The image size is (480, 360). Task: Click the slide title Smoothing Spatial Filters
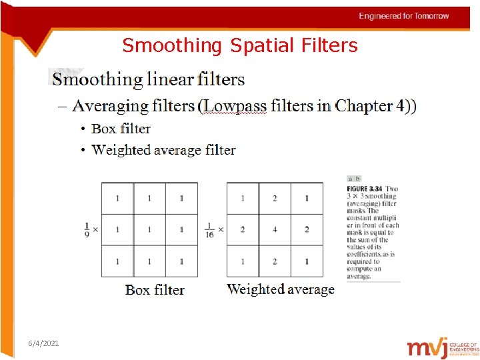[x=240, y=45]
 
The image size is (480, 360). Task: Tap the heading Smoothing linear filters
[x=148, y=80]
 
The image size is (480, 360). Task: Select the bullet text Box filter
[x=121, y=129]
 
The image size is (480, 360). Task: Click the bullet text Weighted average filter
[x=163, y=150]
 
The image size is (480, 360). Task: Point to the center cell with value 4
[x=275, y=230]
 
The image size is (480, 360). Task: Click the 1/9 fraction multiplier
[x=87, y=229]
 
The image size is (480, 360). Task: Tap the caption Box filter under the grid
[x=155, y=290]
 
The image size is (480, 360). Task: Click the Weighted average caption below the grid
[x=281, y=289]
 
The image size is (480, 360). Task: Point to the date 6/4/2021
[x=44, y=343]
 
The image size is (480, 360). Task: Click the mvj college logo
[x=443, y=348]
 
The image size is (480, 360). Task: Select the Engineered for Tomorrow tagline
[x=404, y=16]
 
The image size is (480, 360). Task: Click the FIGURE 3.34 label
[x=365, y=189]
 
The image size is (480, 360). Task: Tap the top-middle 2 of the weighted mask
[x=275, y=198]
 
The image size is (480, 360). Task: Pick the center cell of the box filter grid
[x=149, y=230]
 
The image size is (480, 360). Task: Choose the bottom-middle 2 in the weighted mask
[x=275, y=261]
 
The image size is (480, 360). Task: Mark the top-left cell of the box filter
[x=117, y=198]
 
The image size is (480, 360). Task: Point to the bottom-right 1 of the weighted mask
[x=307, y=261]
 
